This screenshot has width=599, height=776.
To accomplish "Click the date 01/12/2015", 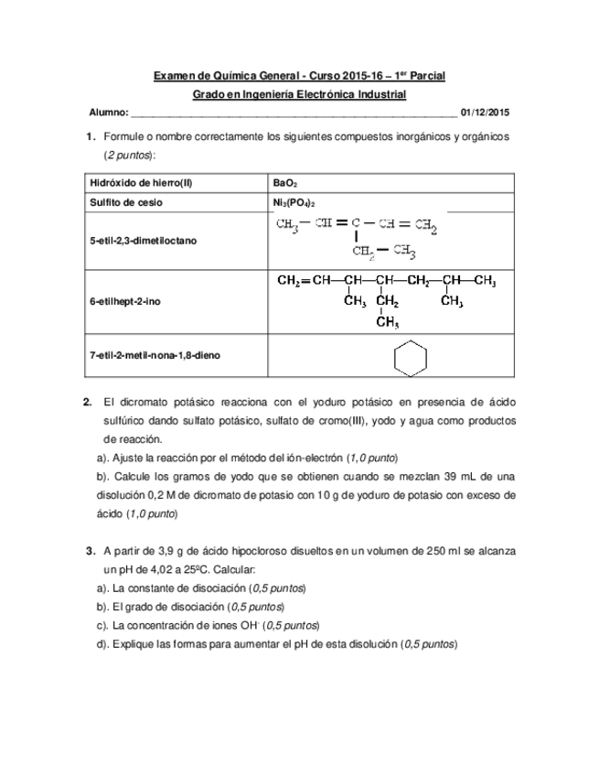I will point(486,113).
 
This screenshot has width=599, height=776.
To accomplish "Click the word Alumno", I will point(107,113).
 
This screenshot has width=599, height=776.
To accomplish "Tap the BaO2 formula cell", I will point(284,183).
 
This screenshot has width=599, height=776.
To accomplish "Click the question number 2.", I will point(87,402).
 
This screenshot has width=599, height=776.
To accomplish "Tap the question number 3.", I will point(90,551).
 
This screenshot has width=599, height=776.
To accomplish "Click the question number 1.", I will point(90,136).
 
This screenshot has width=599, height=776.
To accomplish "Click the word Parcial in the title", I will point(426,76).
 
